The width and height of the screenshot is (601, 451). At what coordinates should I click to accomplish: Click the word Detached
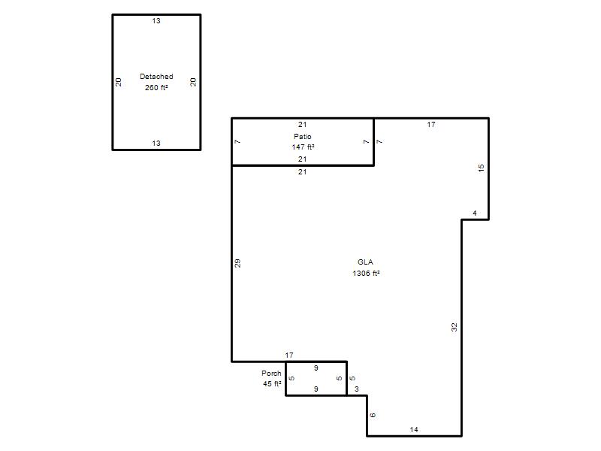point(156,77)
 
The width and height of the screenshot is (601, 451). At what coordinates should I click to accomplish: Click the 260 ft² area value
point(156,87)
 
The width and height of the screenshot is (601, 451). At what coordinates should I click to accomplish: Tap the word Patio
point(303,136)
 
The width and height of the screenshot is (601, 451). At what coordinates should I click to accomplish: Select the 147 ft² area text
point(303,147)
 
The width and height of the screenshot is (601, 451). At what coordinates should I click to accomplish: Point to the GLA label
point(365,262)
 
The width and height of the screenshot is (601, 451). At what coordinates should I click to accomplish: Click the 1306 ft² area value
point(366,273)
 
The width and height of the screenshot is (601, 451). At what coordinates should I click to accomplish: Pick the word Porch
point(271,373)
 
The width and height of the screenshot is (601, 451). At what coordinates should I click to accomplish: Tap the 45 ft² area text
point(272,383)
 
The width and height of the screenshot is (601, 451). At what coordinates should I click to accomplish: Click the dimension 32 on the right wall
point(455,327)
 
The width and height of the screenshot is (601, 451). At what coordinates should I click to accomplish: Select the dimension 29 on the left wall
point(237,263)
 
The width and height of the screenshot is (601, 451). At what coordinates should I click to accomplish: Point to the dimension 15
point(482,168)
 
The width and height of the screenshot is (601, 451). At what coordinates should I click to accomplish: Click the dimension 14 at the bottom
point(414,429)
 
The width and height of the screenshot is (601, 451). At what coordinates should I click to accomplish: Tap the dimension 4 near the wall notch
point(475,213)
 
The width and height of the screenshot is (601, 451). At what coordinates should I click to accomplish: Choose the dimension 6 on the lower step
point(373,415)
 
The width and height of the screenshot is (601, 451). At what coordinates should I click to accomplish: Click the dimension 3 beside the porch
point(356,389)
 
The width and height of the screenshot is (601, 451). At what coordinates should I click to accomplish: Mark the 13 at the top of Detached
point(156,21)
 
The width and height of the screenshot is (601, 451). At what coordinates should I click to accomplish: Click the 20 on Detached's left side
point(119,82)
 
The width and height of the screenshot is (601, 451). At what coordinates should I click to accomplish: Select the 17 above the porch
point(289,355)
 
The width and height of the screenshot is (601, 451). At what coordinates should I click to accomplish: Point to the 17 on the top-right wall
point(431,124)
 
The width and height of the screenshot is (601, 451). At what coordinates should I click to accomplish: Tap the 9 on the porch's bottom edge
point(316,389)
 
